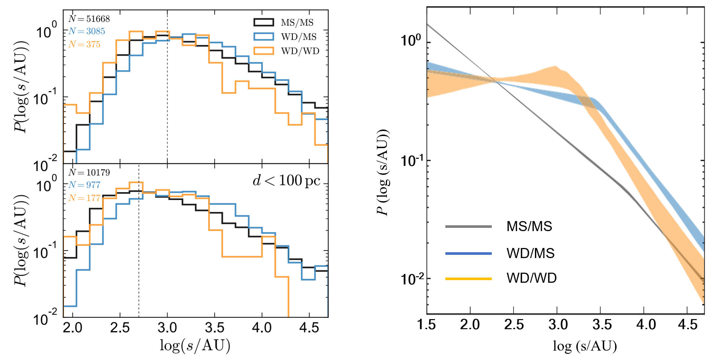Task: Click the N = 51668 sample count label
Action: click(x=89, y=19)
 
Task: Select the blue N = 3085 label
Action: click(x=87, y=31)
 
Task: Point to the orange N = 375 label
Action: click(x=84, y=44)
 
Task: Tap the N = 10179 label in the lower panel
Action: click(x=89, y=172)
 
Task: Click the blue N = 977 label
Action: click(x=84, y=185)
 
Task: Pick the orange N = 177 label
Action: click(x=84, y=198)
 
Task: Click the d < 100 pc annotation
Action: click(x=286, y=180)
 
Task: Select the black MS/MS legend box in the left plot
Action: click(x=264, y=22)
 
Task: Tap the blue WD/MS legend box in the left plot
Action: click(x=264, y=36)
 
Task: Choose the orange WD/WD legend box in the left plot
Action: click(x=264, y=51)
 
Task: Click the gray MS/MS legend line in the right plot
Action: click(x=468, y=226)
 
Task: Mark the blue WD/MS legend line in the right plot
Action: click(x=468, y=253)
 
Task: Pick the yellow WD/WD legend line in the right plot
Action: click(x=468, y=279)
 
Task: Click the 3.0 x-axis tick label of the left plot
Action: click(x=167, y=328)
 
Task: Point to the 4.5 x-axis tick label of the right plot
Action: click(x=688, y=325)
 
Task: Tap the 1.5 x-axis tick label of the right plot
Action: click(x=427, y=325)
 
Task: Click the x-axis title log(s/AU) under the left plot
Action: click(x=195, y=345)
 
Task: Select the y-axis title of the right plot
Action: click(x=383, y=172)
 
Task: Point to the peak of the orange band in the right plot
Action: click(x=555, y=67)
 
